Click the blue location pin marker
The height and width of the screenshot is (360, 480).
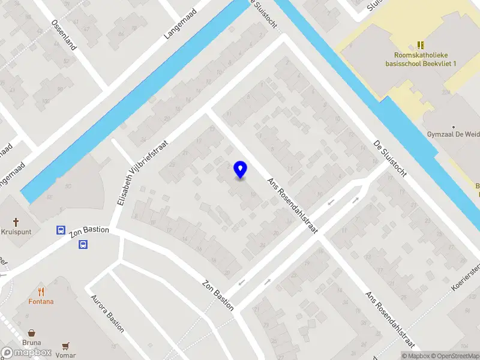click(x=241, y=170)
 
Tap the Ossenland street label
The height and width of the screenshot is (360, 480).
click(x=62, y=35)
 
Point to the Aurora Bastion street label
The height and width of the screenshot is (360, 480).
click(x=107, y=313)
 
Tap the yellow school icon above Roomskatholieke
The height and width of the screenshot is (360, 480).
click(x=421, y=44)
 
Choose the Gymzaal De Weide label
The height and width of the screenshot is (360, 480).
click(x=452, y=134)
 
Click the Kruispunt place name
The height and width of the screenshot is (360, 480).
click(x=16, y=231)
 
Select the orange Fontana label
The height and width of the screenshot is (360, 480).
click(x=41, y=302)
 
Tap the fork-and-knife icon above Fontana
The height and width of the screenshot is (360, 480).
click(x=41, y=292)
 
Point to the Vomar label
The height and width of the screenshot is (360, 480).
click(x=65, y=355)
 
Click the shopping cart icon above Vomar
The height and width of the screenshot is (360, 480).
click(x=65, y=346)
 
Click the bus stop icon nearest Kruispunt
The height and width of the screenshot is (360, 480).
click(x=61, y=230)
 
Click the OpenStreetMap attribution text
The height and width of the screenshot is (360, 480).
click(x=456, y=356)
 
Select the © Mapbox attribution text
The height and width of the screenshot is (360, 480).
click(x=416, y=356)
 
